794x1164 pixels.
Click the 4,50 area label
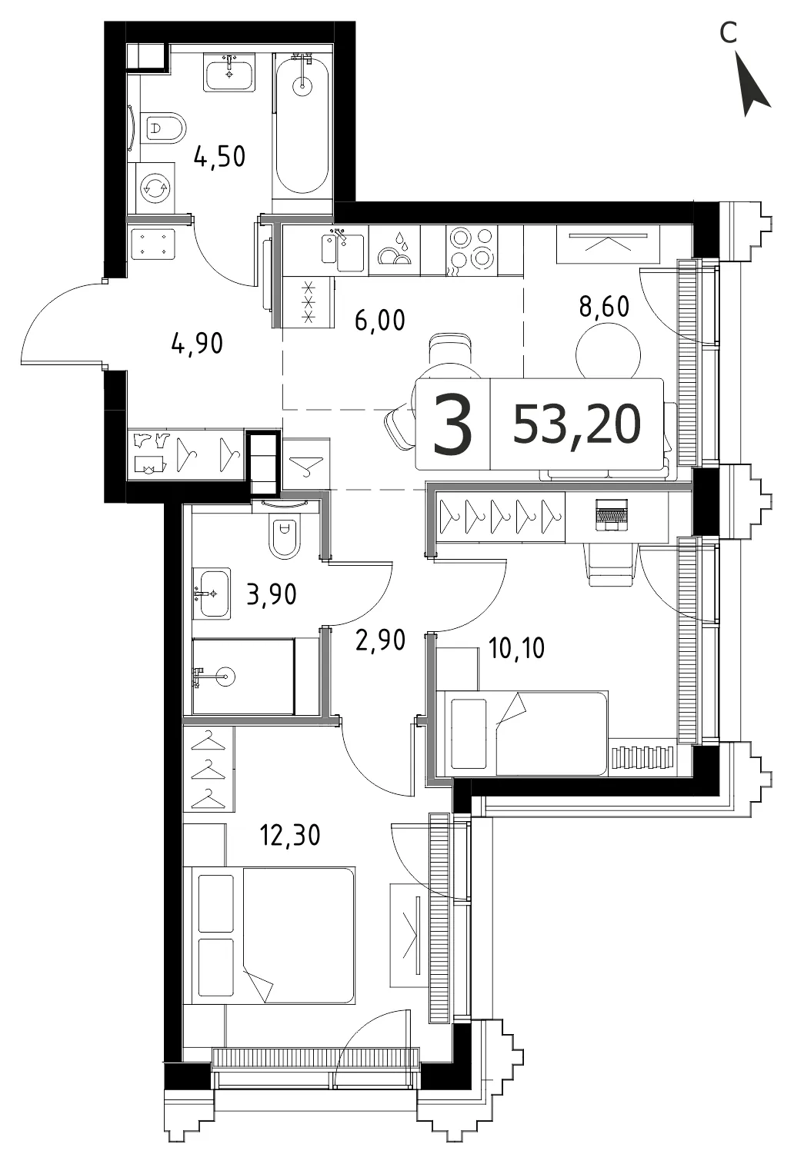(x=219, y=156)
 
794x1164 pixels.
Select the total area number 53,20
(x=577, y=424)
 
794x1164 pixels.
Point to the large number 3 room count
(x=453, y=424)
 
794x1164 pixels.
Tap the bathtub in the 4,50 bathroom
(x=302, y=125)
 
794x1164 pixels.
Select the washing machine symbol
(x=155, y=187)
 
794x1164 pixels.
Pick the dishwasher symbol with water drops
(x=395, y=250)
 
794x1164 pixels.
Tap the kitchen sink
(x=344, y=251)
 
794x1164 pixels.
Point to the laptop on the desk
(x=612, y=515)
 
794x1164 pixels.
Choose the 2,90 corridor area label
(x=381, y=640)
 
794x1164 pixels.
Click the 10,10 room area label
(x=517, y=648)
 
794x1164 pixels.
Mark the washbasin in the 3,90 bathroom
(x=212, y=593)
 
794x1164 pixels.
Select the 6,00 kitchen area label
(x=380, y=320)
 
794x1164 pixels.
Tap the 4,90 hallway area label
(x=198, y=344)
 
